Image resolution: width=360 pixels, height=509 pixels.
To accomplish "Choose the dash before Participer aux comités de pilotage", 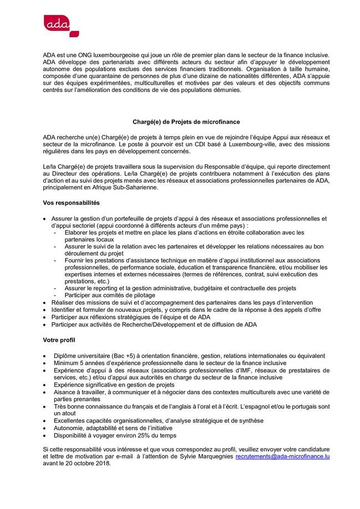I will click(x=55, y=295).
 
